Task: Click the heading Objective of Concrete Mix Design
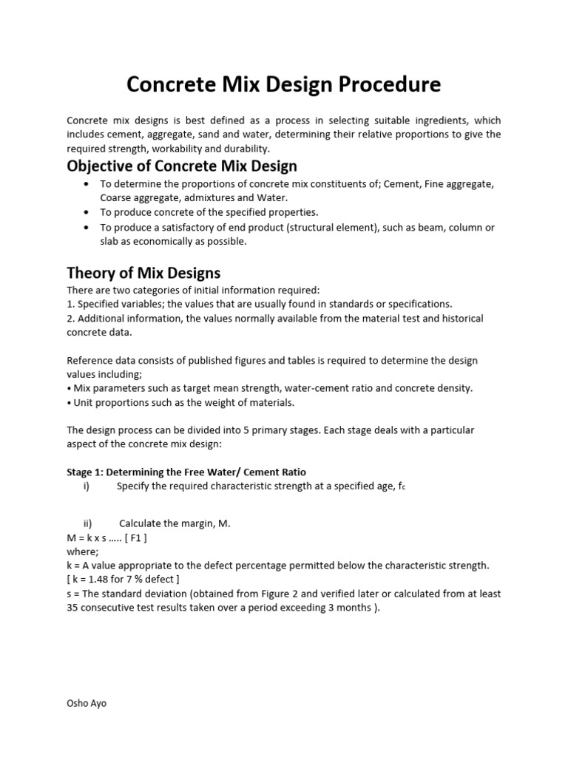point(182,166)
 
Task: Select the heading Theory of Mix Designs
point(143,273)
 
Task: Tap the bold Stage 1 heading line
point(186,472)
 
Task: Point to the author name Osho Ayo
point(87,703)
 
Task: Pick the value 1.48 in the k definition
point(103,579)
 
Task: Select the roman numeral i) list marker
point(87,486)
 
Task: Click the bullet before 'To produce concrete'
point(87,211)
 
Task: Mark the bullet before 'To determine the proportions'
point(87,183)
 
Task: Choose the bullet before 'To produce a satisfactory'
point(87,227)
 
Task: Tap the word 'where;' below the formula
point(82,551)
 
